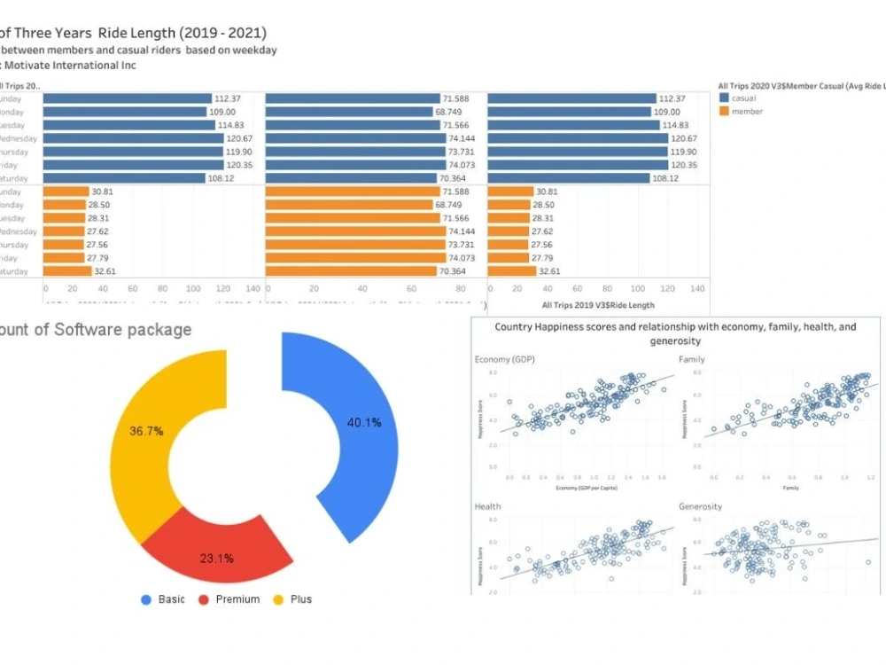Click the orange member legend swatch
[724, 112]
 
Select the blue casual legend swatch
[724, 98]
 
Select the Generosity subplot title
[700, 506]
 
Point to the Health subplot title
[487, 506]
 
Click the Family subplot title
[691, 359]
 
